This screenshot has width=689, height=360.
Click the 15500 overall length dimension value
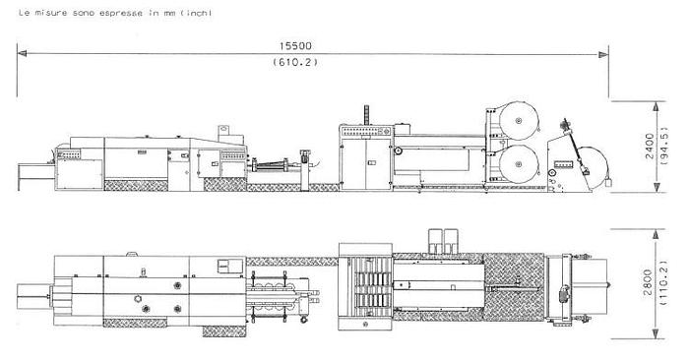click(295, 45)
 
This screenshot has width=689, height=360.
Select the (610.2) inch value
click(295, 62)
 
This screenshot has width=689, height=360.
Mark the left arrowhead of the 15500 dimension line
click(22, 53)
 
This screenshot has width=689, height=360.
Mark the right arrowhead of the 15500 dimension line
click(603, 54)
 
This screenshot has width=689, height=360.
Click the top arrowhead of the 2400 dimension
click(657, 106)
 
